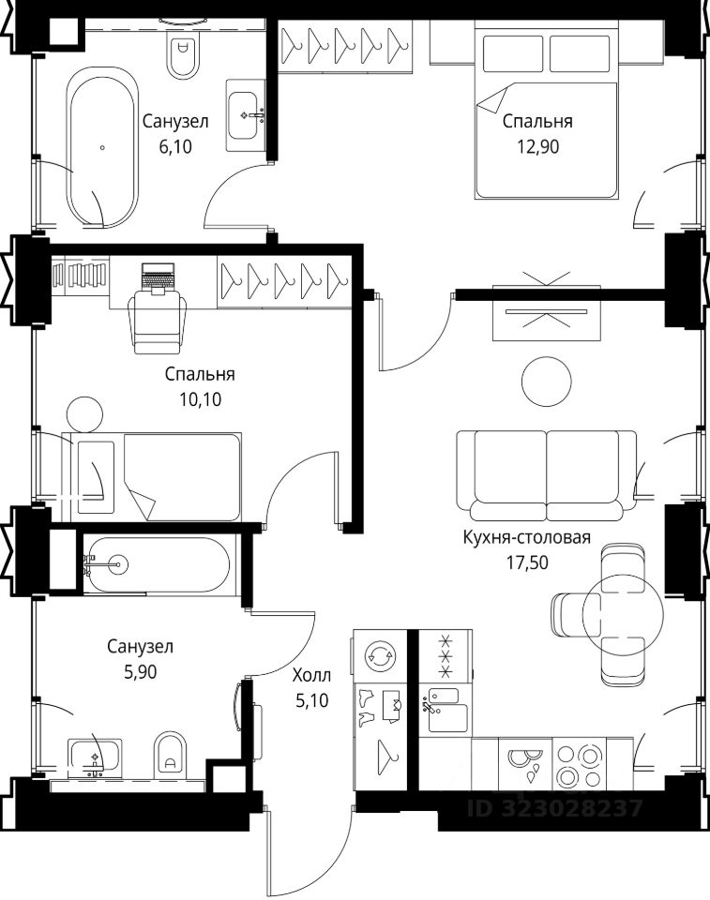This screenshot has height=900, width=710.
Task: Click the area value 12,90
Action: (x=537, y=147)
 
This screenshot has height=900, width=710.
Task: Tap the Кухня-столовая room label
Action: (x=527, y=537)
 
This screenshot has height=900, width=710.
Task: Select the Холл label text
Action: (x=312, y=675)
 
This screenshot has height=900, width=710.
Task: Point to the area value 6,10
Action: (x=175, y=147)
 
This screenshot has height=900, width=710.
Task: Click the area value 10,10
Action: (x=200, y=399)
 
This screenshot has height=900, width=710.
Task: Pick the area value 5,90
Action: (x=140, y=671)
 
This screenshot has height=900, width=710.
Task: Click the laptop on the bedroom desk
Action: (x=158, y=277)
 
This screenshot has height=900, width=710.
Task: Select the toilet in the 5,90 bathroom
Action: (x=172, y=754)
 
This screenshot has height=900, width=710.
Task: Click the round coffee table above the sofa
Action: (x=546, y=382)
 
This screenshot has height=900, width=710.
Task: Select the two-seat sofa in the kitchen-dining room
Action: (x=546, y=475)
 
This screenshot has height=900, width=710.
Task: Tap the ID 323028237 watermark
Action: (x=554, y=809)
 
